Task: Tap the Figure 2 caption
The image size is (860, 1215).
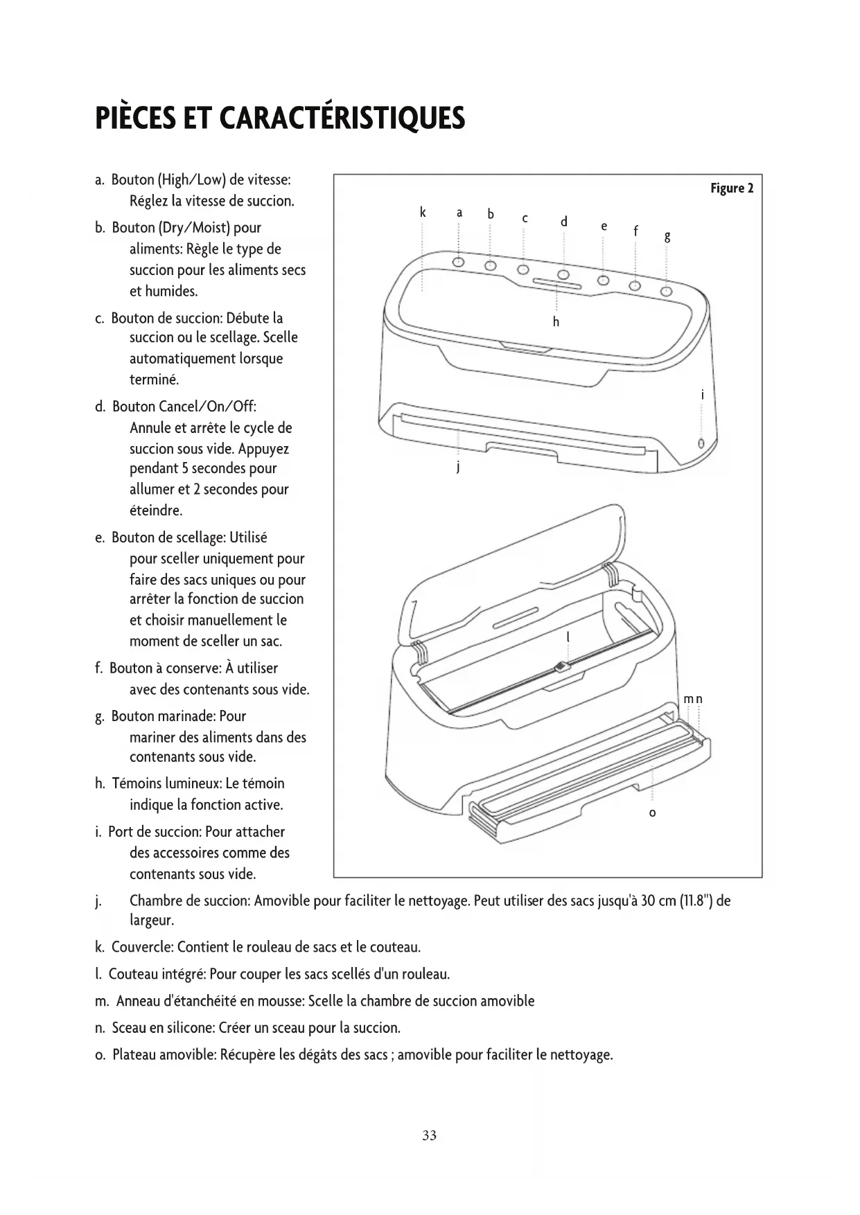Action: tap(731, 188)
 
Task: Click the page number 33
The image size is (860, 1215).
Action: tap(429, 1135)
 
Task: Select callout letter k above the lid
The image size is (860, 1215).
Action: tap(422, 212)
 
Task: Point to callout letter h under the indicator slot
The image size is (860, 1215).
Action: tap(556, 322)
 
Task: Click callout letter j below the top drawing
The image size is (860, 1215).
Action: tap(458, 468)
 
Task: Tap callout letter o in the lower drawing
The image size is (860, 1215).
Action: tap(652, 813)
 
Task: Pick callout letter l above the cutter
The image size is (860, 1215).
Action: tap(568, 637)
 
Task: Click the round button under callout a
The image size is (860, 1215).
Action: tap(459, 261)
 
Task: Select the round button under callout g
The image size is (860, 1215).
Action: tap(667, 292)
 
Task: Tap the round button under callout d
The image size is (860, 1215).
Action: tap(564, 275)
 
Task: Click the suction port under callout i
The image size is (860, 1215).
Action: tap(701, 443)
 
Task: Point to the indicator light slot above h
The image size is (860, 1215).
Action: tap(557, 283)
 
